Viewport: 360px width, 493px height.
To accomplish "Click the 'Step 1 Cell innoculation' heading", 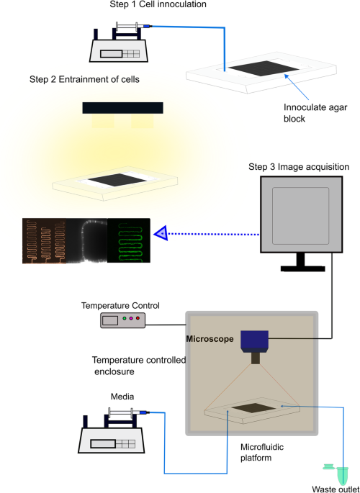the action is coord(158,4).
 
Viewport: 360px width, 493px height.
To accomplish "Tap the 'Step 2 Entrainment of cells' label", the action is coord(84,79).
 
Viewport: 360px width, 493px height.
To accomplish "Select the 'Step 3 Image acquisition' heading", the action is coord(299,167).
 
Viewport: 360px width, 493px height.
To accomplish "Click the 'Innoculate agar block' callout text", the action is coord(315,113).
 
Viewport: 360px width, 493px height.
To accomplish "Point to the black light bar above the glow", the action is coord(122,108).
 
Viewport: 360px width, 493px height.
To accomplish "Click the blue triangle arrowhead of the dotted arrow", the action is coord(161,234).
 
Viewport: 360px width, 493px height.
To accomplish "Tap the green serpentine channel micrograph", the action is coord(129,240).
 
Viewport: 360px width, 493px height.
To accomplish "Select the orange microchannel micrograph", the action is coord(44,240).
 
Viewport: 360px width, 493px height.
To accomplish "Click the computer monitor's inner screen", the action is coord(300,216).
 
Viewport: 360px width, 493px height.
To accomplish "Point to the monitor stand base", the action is coord(302,268).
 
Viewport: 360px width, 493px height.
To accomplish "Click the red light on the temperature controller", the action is coord(138,319).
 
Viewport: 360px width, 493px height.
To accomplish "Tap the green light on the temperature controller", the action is coord(125,319).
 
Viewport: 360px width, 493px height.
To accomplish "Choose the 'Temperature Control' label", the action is coord(120,306).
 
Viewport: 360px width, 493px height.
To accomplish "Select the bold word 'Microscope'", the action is coord(210,339).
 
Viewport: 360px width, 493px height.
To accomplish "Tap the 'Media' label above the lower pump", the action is coord(122,397).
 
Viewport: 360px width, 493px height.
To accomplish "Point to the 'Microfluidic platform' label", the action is coord(262,452).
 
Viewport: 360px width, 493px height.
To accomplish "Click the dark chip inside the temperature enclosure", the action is coord(253,408).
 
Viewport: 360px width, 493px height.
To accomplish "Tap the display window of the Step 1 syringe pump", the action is coord(111,54).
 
